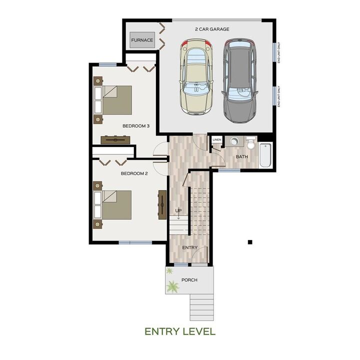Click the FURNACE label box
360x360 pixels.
[x=142, y=40]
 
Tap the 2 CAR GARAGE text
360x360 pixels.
[x=212, y=29]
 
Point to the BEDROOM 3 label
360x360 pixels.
[x=136, y=126]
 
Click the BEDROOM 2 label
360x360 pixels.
[x=134, y=174]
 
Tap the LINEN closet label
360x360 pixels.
[x=216, y=139]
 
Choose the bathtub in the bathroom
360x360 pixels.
[x=265, y=155]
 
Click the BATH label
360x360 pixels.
[x=242, y=157]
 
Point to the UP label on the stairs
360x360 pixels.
[x=178, y=210]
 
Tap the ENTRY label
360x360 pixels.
[x=190, y=247]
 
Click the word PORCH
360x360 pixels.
[x=189, y=280]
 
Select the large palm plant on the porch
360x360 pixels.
[x=173, y=286]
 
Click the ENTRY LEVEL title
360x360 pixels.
[x=180, y=331]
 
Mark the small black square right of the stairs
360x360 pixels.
[x=250, y=242]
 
